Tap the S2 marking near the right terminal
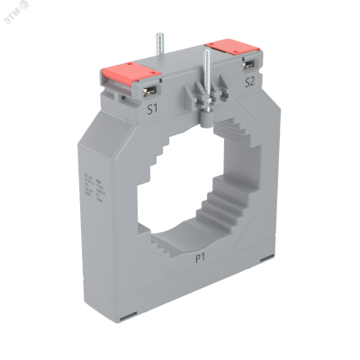pos(250,82)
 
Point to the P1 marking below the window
pos(204,256)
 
